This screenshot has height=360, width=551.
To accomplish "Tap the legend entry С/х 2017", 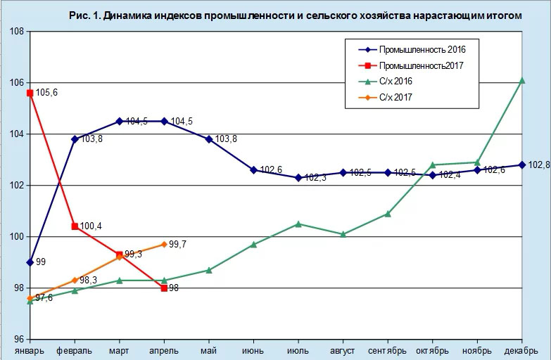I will (395, 97).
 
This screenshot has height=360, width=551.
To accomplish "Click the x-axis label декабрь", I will (522, 350).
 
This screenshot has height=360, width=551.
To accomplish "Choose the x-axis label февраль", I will (75, 350).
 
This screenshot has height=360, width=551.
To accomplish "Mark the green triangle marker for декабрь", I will (522, 81).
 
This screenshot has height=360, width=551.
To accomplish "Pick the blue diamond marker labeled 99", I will (30, 262).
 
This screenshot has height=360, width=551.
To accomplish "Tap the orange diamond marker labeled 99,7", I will (164, 244).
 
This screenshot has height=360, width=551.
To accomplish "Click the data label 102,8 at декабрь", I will (539, 165).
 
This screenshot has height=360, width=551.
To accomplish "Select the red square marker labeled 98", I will (164, 288).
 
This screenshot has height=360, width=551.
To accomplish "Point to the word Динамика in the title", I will (132, 15).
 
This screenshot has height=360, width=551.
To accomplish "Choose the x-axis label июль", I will (298, 350).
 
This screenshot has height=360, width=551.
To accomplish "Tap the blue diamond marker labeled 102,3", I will (298, 178).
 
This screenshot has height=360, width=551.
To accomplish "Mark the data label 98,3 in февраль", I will (89, 281).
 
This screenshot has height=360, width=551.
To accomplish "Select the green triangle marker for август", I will (343, 234).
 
